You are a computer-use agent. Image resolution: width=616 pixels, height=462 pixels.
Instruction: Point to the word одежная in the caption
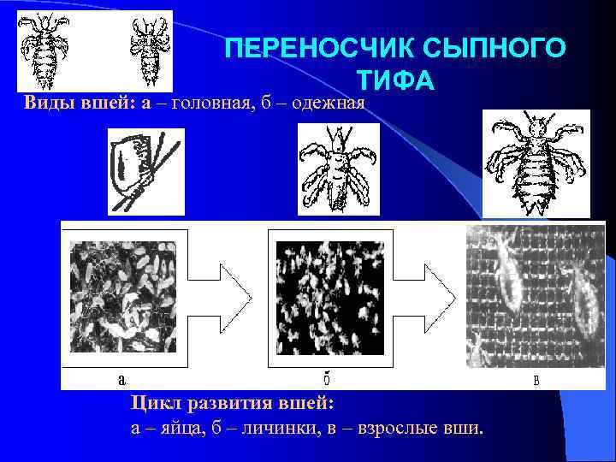click(x=328, y=104)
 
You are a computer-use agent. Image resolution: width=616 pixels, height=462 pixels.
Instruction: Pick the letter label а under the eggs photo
click(x=122, y=379)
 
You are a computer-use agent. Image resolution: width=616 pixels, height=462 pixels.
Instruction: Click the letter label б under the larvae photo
click(x=328, y=379)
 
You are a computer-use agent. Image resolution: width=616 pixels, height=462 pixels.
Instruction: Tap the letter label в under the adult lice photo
click(x=536, y=380)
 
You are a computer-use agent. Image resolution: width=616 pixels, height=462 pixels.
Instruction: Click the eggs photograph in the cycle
click(x=124, y=294)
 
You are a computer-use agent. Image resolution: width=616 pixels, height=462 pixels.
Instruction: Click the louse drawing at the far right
click(x=536, y=164)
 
